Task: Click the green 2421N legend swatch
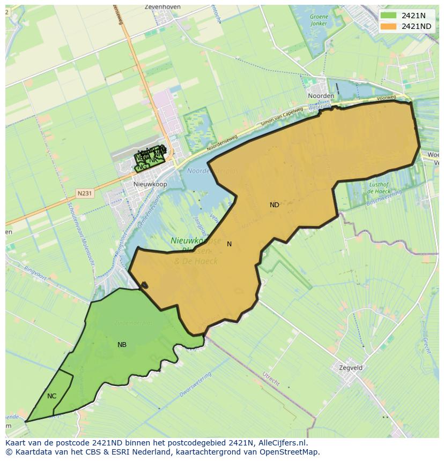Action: pos(389,16)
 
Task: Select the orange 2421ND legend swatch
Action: pos(389,26)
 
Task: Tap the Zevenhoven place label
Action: pos(162,7)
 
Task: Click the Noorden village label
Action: pos(321,96)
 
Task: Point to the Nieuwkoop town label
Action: pos(150,184)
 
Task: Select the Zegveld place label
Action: pos(351,368)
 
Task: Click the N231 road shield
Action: pos(85,193)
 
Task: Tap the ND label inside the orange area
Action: pos(274,205)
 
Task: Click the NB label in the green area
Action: pos(122,345)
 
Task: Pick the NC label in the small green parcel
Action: pos(51,396)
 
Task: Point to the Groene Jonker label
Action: pos(319,20)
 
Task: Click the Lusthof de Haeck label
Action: pos(379,187)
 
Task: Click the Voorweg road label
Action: pos(386,98)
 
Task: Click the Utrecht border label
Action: pos(271,379)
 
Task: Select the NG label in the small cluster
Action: pos(142,167)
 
